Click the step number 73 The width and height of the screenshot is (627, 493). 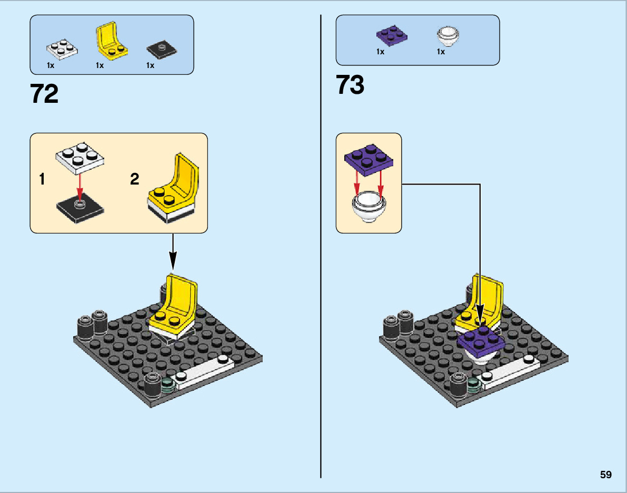(350, 85)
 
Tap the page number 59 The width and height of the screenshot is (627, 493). (605, 475)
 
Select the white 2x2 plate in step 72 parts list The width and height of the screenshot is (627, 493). (63, 49)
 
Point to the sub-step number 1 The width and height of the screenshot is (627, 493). (42, 180)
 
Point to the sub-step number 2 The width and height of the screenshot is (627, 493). (135, 180)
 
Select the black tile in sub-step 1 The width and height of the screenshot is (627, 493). (80, 211)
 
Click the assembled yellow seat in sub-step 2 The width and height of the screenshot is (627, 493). (175, 190)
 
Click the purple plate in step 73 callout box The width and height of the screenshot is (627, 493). (369, 158)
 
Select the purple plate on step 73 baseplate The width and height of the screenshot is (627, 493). (480, 339)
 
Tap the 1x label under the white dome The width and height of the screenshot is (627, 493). (441, 52)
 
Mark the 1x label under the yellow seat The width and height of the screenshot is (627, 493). (99, 66)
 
